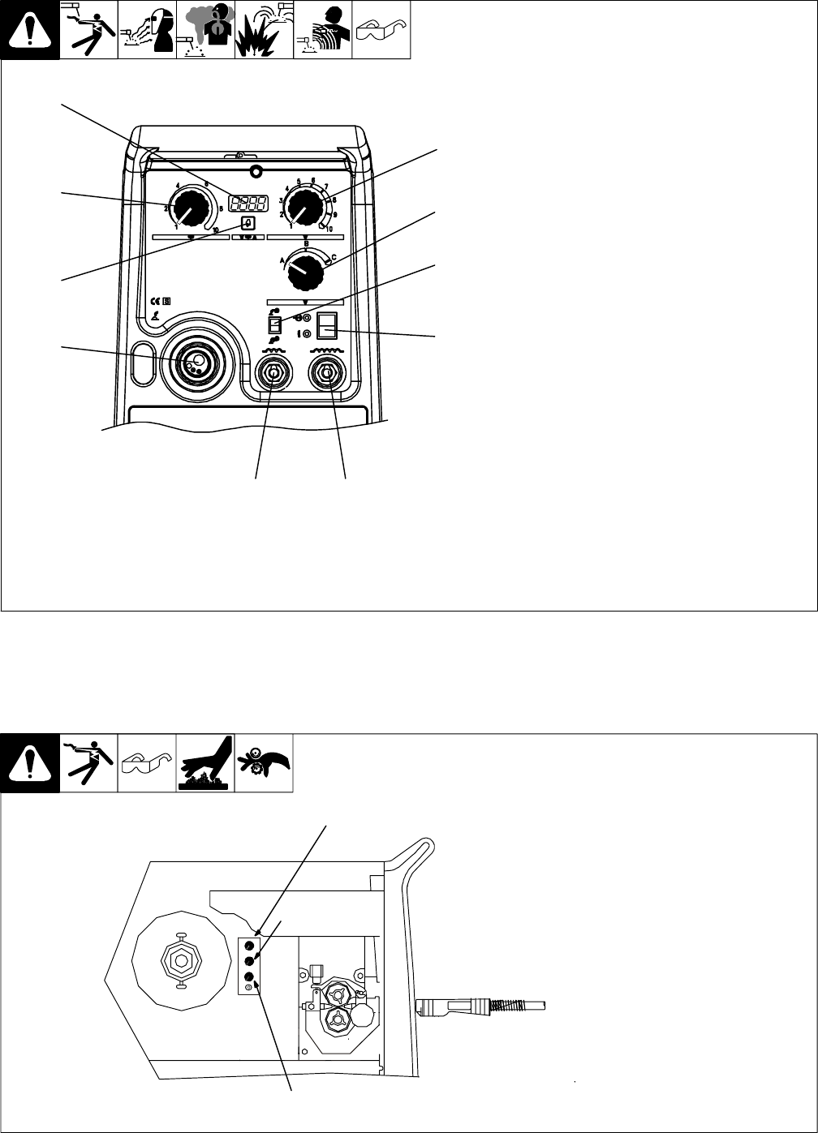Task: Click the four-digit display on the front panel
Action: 249,204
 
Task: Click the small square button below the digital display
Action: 249,224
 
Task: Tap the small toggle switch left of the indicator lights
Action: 273,324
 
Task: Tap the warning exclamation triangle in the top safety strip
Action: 30,30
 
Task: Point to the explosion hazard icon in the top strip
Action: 264,30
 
